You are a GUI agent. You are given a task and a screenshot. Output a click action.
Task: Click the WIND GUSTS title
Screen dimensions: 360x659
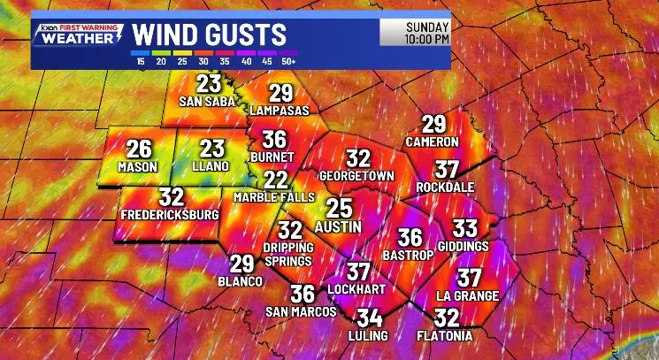(x=210, y=35)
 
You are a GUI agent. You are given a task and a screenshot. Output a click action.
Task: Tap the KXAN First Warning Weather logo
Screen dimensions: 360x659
(x=78, y=35)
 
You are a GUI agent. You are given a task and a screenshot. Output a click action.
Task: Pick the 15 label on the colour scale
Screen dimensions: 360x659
(x=140, y=61)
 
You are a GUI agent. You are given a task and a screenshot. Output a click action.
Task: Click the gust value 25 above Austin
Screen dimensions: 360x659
(x=339, y=209)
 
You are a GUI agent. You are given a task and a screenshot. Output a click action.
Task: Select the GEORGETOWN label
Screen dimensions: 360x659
(x=356, y=175)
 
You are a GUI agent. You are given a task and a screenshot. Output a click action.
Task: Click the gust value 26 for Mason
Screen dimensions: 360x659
(x=139, y=149)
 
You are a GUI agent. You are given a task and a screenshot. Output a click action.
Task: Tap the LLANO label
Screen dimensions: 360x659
(x=211, y=166)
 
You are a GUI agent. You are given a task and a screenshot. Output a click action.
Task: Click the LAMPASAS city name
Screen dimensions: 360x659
(x=280, y=111)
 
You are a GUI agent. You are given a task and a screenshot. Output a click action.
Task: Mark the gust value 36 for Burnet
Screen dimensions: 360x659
(x=274, y=140)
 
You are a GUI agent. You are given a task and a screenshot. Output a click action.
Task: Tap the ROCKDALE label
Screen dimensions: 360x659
(x=447, y=188)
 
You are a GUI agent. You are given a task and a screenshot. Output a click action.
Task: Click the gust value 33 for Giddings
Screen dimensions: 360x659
(x=464, y=228)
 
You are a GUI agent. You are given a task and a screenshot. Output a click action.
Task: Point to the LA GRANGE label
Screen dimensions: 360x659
(x=468, y=295)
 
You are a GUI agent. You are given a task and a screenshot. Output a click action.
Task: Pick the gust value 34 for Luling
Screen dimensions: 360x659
(x=369, y=318)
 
